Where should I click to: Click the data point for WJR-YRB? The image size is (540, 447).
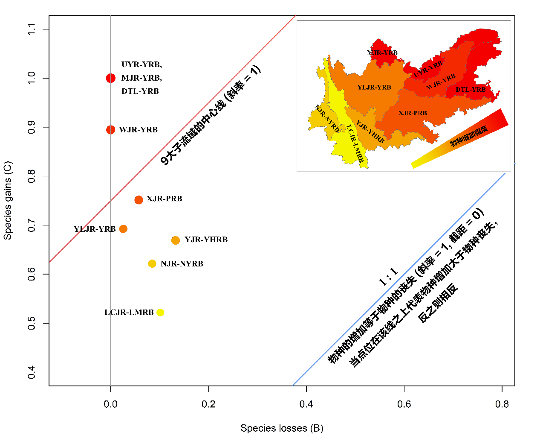[x=110, y=129]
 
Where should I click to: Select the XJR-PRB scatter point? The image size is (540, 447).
[x=139, y=200]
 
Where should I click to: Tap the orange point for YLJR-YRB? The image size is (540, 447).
[x=123, y=229]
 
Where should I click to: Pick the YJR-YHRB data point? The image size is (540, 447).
[x=175, y=240]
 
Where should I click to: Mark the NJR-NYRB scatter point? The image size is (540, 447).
[x=152, y=264]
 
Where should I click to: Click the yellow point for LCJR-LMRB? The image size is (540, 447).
[x=160, y=313]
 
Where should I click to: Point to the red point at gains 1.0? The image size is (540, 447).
[x=111, y=78]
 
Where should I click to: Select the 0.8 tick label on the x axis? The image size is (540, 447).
[x=502, y=404]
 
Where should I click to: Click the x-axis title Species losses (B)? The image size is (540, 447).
[x=282, y=428]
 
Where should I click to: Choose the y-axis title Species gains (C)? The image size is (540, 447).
[x=8, y=200]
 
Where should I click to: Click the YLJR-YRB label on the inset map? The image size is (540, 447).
[x=374, y=88]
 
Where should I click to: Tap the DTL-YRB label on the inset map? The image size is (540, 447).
[x=471, y=90]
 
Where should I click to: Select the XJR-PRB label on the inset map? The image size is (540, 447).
[x=413, y=113]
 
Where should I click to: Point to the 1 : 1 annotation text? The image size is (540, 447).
[x=388, y=276]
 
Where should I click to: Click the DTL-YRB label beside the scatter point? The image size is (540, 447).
[x=140, y=91]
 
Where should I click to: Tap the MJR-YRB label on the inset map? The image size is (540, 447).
[x=382, y=53]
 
